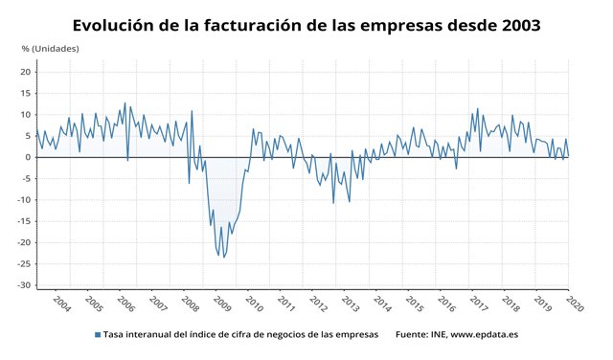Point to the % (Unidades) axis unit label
pos(50,48)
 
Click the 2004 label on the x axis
pos(61,304)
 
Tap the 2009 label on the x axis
pos(221,304)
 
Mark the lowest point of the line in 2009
pos(224,257)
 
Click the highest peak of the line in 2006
pos(125,103)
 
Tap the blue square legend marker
pos(97,334)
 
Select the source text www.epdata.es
pos(488,334)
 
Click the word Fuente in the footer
pos(413,334)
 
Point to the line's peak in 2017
pos(477,109)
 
